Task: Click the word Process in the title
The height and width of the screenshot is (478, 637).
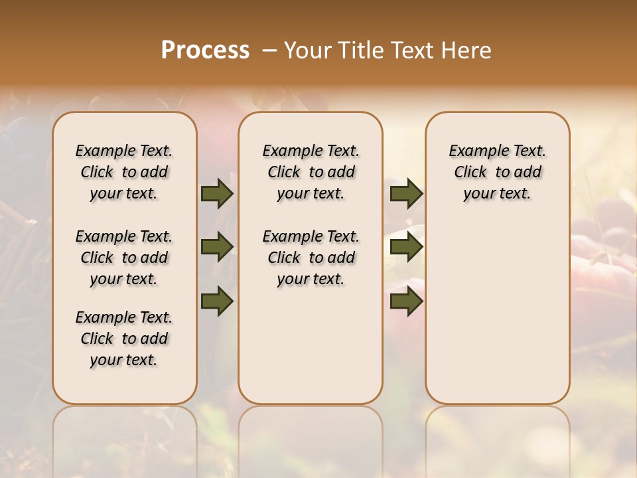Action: click(x=205, y=50)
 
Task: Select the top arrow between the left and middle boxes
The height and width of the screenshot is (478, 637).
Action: click(x=217, y=193)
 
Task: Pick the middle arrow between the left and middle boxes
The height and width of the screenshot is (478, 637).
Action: click(x=217, y=247)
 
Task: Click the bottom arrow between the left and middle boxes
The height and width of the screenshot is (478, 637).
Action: click(x=217, y=301)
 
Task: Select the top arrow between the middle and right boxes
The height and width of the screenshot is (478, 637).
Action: click(x=406, y=193)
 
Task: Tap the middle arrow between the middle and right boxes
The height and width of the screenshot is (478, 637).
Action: click(x=406, y=247)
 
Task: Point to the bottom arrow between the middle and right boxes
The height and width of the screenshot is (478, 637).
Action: click(x=406, y=301)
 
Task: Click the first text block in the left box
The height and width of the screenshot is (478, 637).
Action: click(x=124, y=172)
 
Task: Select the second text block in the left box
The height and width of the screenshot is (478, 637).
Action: click(x=124, y=258)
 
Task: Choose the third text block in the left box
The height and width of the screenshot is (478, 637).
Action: click(x=124, y=339)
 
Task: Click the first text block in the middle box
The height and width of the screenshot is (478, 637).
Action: click(x=311, y=172)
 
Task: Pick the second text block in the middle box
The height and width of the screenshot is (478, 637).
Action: click(x=311, y=258)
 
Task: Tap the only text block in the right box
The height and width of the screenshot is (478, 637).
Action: click(x=497, y=172)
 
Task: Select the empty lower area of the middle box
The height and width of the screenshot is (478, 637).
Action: click(x=311, y=345)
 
